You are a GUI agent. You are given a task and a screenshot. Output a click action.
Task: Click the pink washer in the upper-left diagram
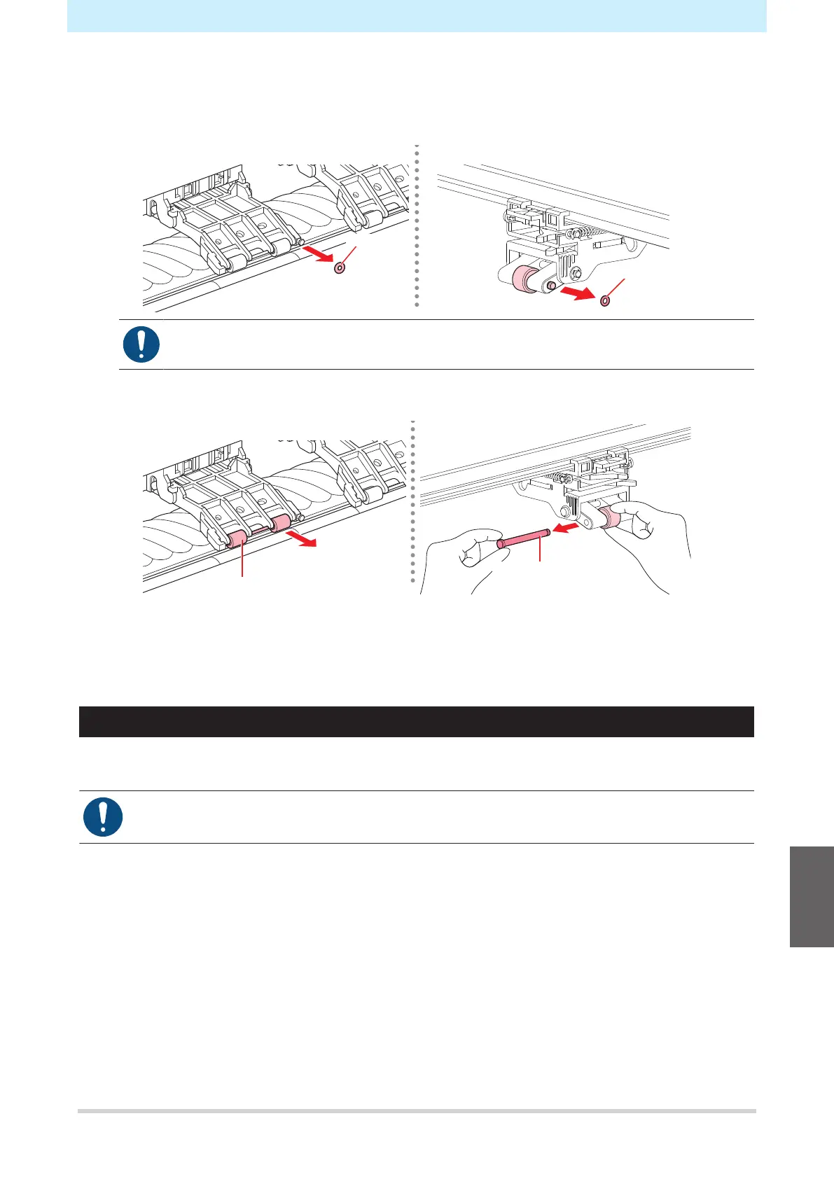coord(340,267)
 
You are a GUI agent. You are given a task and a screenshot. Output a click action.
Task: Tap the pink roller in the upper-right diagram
coord(522,279)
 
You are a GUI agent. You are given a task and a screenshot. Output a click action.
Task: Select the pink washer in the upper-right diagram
coord(605,301)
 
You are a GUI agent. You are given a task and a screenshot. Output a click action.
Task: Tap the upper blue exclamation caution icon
coord(141,344)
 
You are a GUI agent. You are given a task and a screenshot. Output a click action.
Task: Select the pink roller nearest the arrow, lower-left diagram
coord(280,523)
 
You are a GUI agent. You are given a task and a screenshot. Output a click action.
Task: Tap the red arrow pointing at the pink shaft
coord(567,526)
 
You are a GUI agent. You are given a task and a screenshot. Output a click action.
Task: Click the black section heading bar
coord(416,722)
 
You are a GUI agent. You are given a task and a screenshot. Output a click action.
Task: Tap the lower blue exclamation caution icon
coord(103,817)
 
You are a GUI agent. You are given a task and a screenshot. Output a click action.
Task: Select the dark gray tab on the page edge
coord(812,896)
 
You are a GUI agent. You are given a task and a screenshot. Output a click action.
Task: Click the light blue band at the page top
coord(416,15)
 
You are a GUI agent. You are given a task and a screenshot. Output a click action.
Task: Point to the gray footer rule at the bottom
coord(416,1111)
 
